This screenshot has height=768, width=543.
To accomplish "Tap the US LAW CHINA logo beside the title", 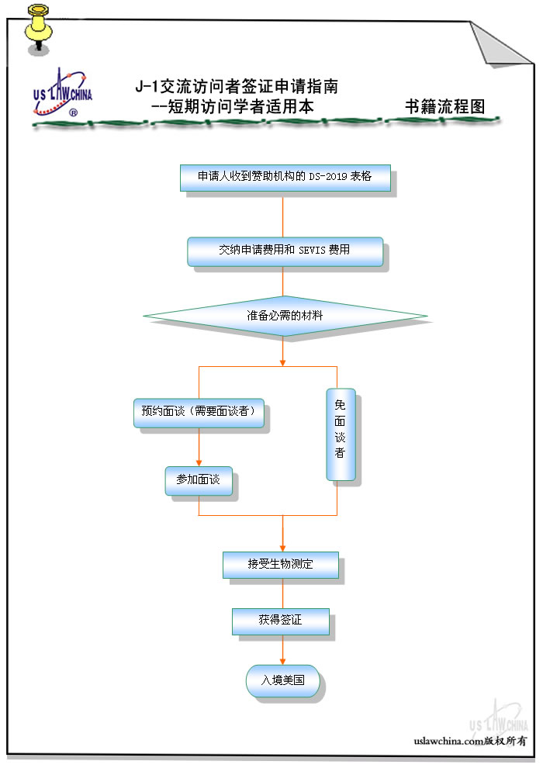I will (x=62, y=96).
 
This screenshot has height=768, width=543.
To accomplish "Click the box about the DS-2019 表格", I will (x=285, y=177).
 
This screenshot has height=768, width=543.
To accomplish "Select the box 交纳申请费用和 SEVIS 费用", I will (x=285, y=251).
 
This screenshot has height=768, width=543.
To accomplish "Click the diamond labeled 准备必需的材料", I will (x=285, y=316).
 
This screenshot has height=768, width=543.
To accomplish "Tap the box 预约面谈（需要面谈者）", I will (x=199, y=413).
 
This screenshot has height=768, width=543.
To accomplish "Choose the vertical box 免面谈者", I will (x=340, y=434).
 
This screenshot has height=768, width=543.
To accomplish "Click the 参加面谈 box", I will (x=199, y=480).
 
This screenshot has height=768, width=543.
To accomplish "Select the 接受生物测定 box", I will (x=280, y=564).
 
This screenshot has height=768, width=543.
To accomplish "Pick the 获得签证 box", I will (x=280, y=621).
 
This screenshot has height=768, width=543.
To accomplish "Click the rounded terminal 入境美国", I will (x=282, y=680).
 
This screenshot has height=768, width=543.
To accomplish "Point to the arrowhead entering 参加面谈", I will (x=199, y=463).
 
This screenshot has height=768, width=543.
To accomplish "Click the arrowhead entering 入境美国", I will (x=282, y=662).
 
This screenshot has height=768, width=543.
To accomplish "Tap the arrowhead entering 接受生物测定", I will (x=282, y=548).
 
